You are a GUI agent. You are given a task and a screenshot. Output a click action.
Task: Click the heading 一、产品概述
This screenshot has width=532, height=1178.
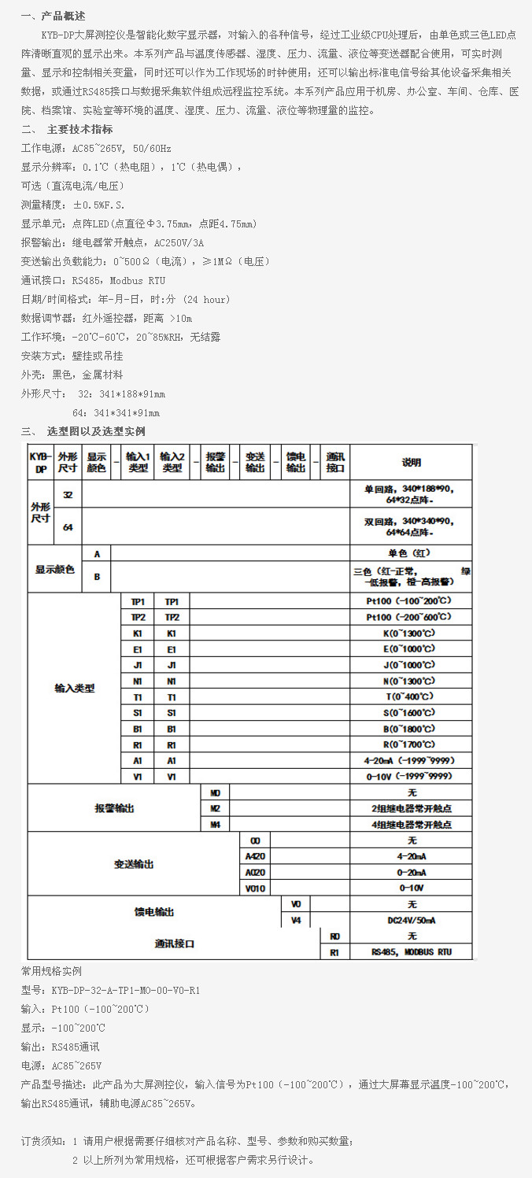coord(54,16)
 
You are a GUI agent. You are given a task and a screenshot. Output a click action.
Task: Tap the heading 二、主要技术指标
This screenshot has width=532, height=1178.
coord(67,130)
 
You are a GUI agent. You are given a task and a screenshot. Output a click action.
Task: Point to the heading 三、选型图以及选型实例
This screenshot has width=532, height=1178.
coord(83,431)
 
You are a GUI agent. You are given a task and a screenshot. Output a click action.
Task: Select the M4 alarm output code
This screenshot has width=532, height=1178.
coord(215,825)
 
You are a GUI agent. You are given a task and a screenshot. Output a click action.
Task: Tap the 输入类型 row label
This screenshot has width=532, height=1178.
coord(75,689)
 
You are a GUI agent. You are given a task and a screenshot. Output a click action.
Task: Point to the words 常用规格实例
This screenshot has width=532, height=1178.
coord(51,971)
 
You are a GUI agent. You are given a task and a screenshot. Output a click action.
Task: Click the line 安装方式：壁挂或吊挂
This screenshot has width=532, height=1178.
coord(72,356)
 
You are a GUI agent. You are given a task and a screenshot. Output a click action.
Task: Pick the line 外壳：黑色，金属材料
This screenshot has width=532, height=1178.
coord(72,375)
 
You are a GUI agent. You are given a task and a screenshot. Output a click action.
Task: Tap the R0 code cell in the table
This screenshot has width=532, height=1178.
coord(334,936)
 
